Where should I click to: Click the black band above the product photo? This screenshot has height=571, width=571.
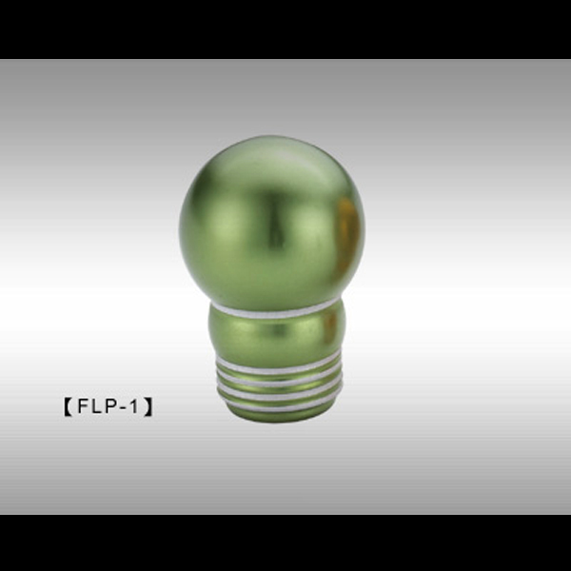coord(285,29)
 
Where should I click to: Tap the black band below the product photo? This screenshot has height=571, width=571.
coord(285,542)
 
